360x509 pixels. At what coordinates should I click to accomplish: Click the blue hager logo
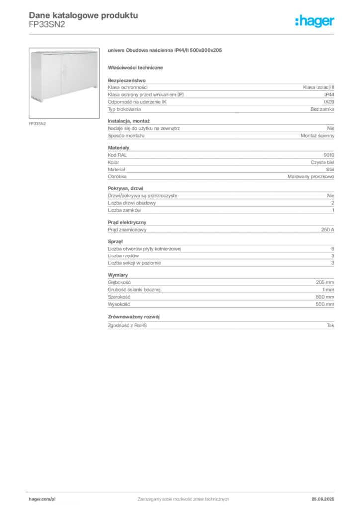[x=315, y=21]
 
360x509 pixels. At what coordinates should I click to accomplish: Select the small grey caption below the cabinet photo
[x=37, y=123]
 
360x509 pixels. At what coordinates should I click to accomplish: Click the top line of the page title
[x=82, y=15]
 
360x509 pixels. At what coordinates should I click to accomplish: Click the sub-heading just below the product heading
[x=137, y=67]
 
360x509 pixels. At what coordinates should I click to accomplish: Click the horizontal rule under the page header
[x=182, y=33]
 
